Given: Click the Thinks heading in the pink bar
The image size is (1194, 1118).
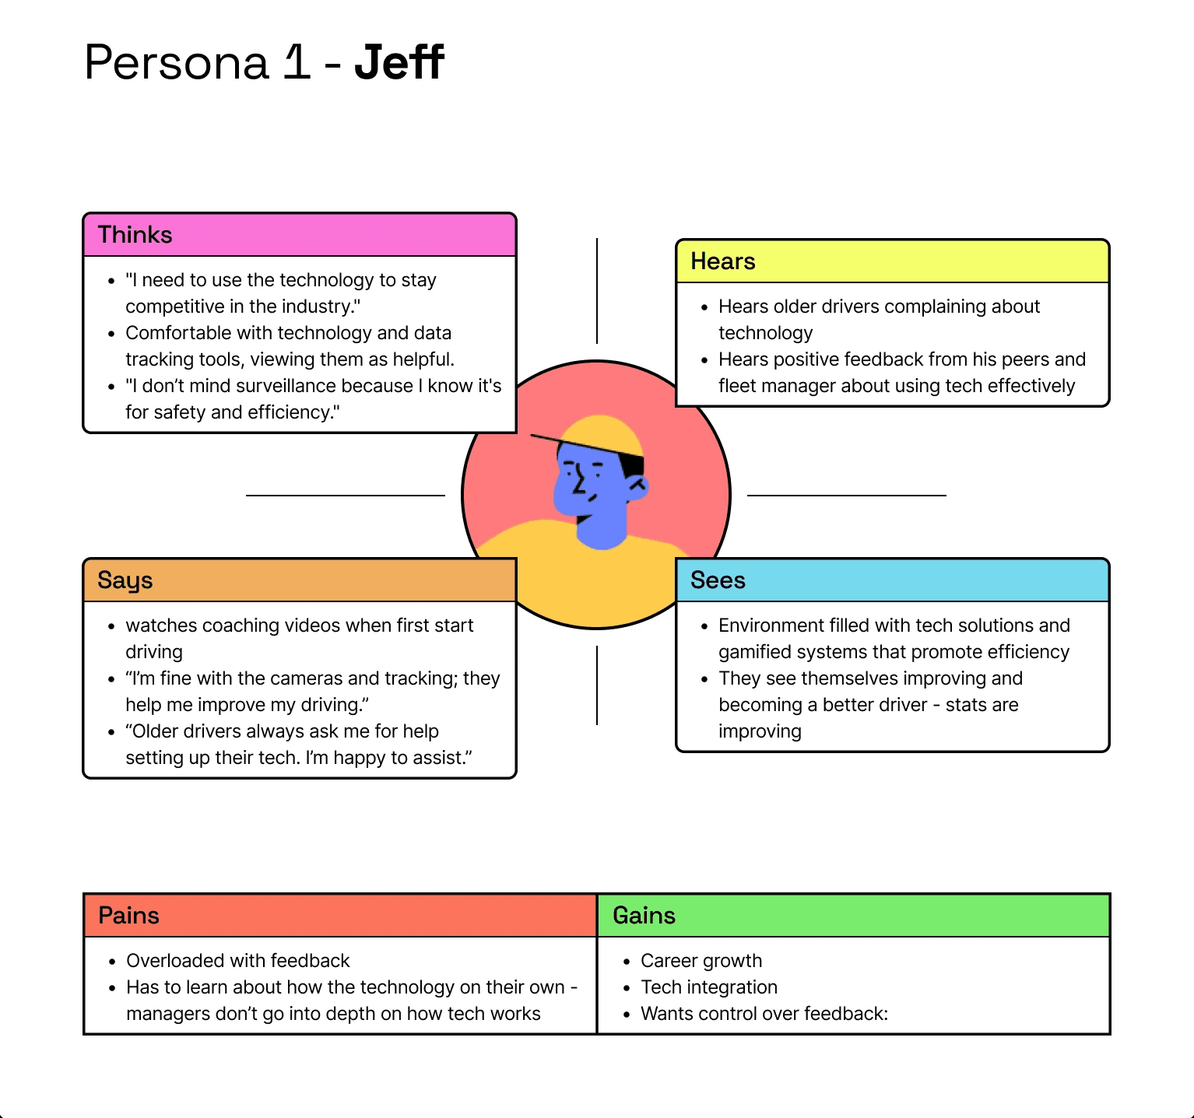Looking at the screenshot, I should (x=135, y=235).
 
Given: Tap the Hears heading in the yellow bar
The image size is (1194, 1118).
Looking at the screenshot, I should (x=722, y=261).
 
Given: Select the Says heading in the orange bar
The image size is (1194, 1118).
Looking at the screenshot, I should (x=125, y=580).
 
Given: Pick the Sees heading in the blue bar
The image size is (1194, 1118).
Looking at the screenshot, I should (x=718, y=580).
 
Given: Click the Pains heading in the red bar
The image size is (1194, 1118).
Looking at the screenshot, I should (x=128, y=916).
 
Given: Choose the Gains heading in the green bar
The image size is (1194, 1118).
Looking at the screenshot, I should (x=644, y=916).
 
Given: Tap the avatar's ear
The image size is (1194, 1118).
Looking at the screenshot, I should (x=639, y=486).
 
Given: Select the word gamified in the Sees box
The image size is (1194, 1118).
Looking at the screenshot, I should (x=753, y=652).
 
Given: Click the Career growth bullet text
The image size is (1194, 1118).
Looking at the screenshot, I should (x=701, y=961).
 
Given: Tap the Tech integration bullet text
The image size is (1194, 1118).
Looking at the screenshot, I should (x=708, y=987).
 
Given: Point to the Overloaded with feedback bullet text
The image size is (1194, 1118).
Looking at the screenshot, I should (x=237, y=961).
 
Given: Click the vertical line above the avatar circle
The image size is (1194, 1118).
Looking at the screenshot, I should (x=597, y=291).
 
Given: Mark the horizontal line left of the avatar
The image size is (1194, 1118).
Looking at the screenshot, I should (x=345, y=495).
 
